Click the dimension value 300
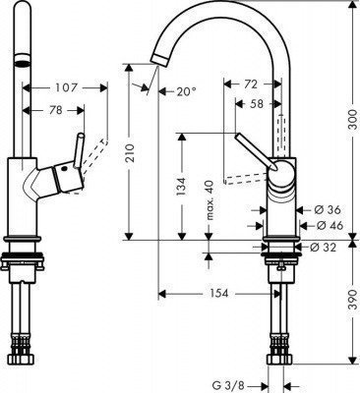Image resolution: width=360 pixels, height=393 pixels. (339, 119)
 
